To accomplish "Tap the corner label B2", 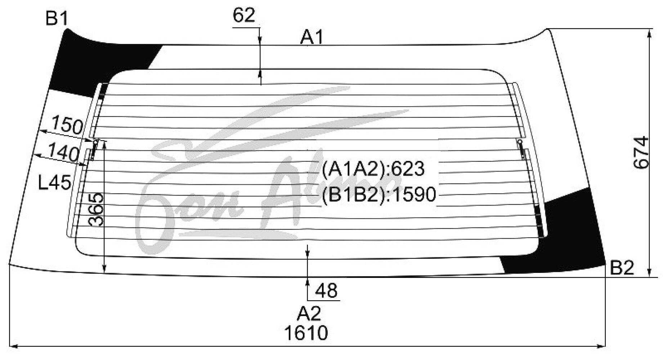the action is point(622,268).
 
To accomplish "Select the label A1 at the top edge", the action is point(312,37).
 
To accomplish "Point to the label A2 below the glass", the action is point(309,314).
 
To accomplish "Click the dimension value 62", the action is point(244,15).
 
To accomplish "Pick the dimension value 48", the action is point(326,291).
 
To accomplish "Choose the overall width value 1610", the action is point(306,333).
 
